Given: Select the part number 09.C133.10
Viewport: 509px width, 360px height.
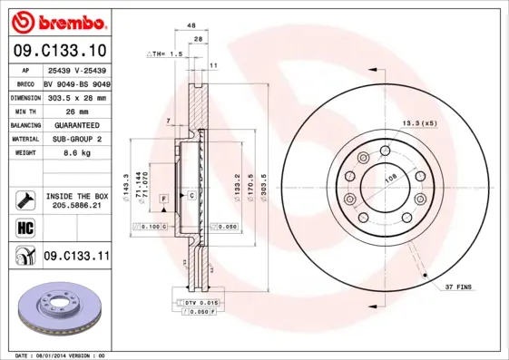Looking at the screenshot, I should tap(61, 50).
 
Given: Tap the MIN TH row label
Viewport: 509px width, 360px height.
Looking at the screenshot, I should tap(24, 110).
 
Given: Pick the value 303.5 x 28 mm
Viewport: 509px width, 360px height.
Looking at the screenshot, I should tap(75, 96).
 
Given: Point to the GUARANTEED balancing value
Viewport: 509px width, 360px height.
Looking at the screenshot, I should tap(75, 124).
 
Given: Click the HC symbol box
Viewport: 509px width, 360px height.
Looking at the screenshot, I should tap(25, 227).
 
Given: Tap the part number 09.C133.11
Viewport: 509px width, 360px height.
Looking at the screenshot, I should tap(76, 257).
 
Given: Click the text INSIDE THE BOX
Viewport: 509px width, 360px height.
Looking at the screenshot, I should tap(77, 196).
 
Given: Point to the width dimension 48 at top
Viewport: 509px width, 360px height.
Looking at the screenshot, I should tap(191, 27).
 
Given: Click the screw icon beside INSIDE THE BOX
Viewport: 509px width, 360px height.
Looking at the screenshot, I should tap(25, 200).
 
